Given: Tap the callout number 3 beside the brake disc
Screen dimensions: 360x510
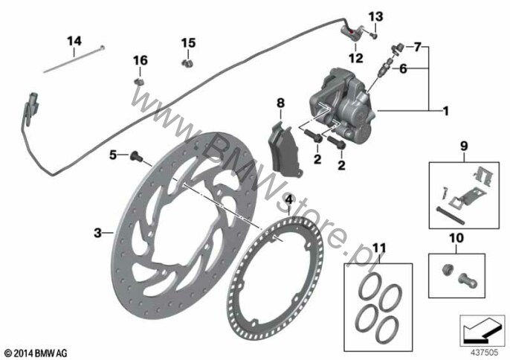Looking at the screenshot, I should pyautogui.click(x=97, y=233).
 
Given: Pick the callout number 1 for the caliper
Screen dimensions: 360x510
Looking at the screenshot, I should pyautogui.click(x=446, y=112).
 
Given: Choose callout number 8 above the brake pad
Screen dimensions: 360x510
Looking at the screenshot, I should pyautogui.click(x=280, y=103).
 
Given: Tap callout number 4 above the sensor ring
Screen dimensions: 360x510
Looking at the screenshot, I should pyautogui.click(x=288, y=200).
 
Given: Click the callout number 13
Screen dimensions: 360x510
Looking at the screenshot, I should pyautogui.click(x=375, y=16).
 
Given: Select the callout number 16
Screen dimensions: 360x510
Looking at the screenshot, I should pyautogui.click(x=140, y=60).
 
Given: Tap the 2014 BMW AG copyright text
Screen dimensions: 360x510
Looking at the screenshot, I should pyautogui.click(x=36, y=351).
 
